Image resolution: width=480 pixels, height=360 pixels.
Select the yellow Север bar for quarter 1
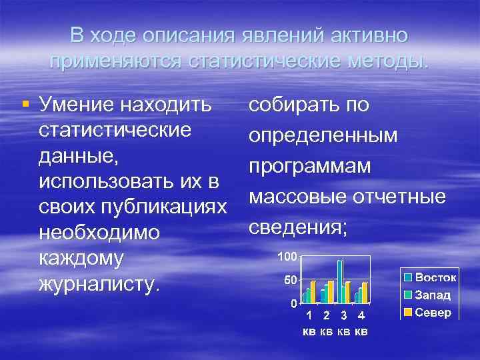313,292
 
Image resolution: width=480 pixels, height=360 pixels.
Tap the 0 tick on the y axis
293,303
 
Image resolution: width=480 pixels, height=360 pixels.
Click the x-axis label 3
343,315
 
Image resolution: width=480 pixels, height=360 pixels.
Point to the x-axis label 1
309,315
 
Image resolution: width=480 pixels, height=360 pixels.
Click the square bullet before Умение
25,103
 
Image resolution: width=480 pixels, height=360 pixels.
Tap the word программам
309,166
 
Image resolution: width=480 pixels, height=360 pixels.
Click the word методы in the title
383,61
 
